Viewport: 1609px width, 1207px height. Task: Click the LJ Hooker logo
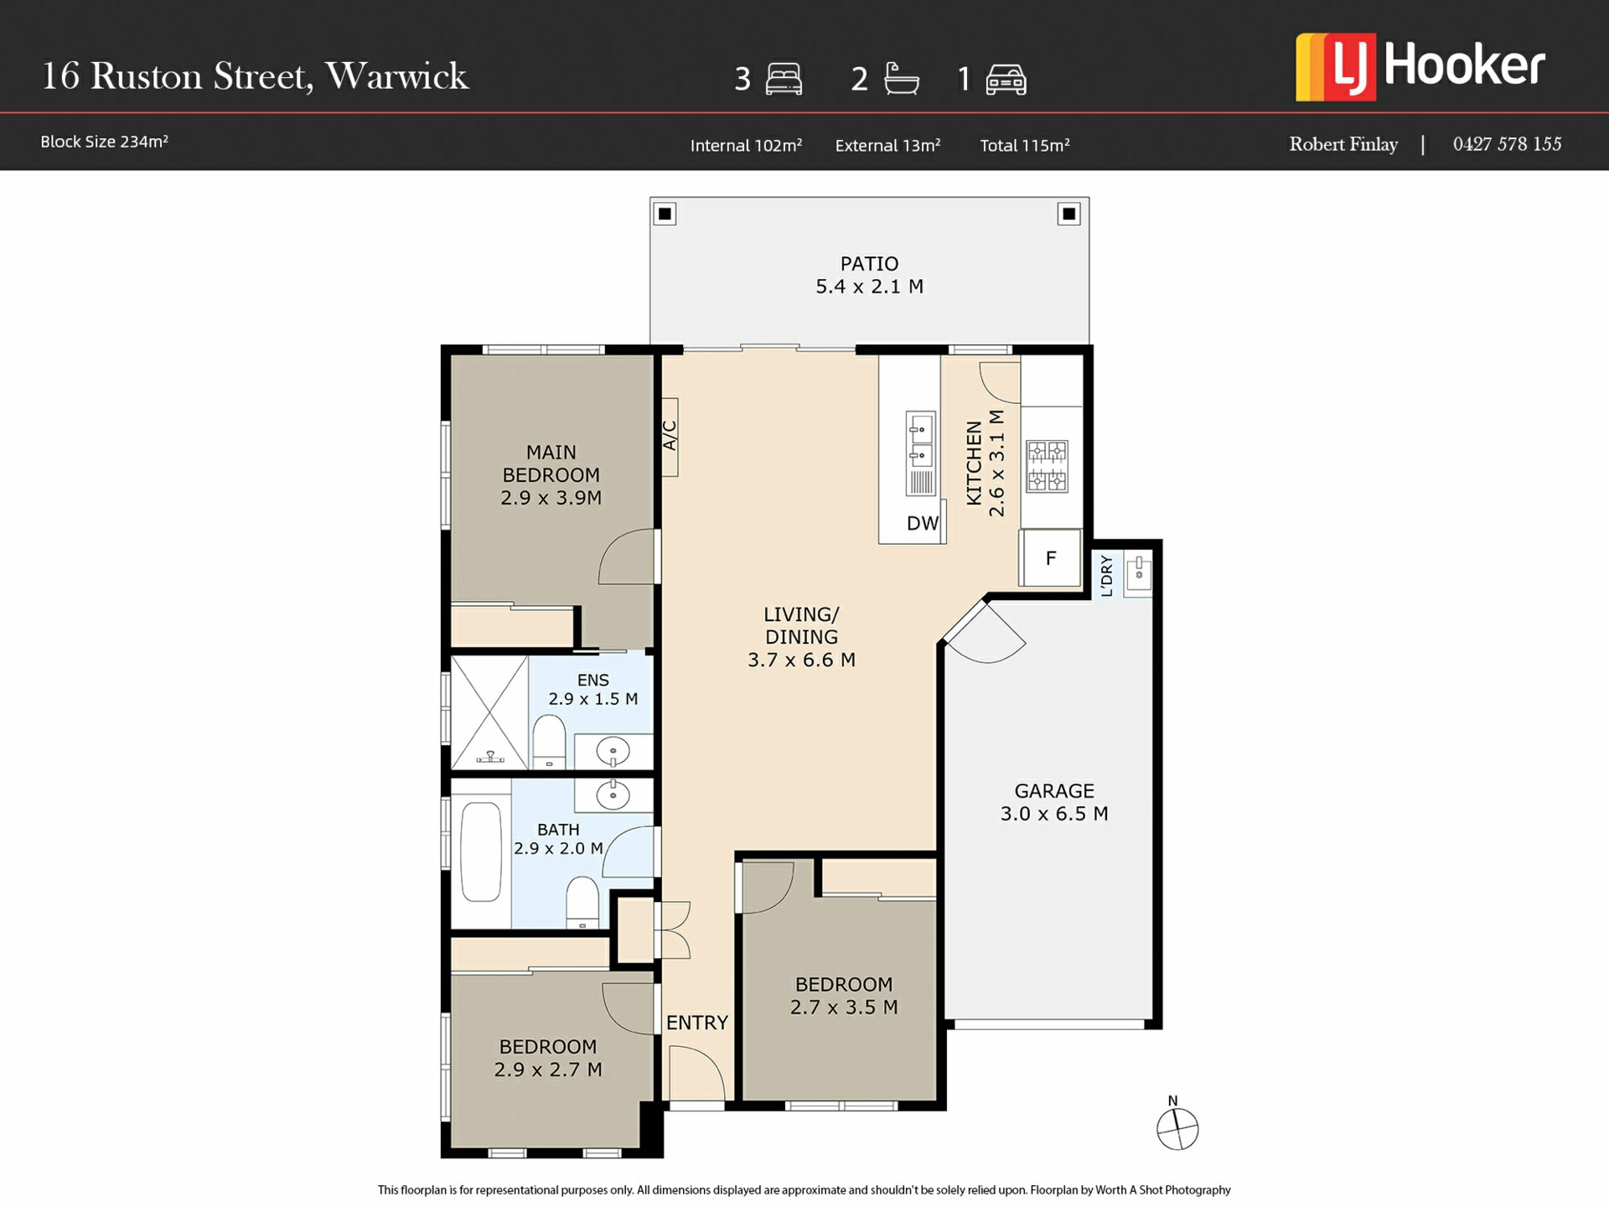pyautogui.click(x=1420, y=67)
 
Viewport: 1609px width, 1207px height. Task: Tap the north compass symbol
pyautogui.click(x=1177, y=1123)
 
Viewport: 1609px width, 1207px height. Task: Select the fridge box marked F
pyautogui.click(x=1050, y=557)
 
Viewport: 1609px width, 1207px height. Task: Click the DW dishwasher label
pyautogui.click(x=923, y=523)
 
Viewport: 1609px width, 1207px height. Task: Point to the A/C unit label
pyautogui.click(x=670, y=436)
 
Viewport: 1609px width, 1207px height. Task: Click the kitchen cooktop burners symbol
pyautogui.click(x=1048, y=465)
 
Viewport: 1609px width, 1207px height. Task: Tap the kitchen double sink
pyautogui.click(x=921, y=453)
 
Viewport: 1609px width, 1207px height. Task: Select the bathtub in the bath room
pyautogui.click(x=481, y=852)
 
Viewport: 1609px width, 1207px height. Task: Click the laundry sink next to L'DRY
pyautogui.click(x=1138, y=574)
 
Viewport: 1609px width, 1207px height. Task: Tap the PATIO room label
pyautogui.click(x=869, y=264)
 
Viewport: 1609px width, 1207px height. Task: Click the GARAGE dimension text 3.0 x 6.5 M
pyautogui.click(x=1054, y=813)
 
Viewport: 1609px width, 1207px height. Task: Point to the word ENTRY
pyautogui.click(x=697, y=1023)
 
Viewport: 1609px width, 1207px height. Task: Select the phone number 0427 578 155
pyautogui.click(x=1507, y=144)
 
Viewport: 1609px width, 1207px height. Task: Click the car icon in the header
pyautogui.click(x=1006, y=80)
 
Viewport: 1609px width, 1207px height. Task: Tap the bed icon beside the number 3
pyautogui.click(x=784, y=80)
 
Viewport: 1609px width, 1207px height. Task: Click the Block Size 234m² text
pyautogui.click(x=105, y=142)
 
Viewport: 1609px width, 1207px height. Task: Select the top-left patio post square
pyautogui.click(x=665, y=214)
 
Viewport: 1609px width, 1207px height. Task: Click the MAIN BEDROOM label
pyautogui.click(x=551, y=464)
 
